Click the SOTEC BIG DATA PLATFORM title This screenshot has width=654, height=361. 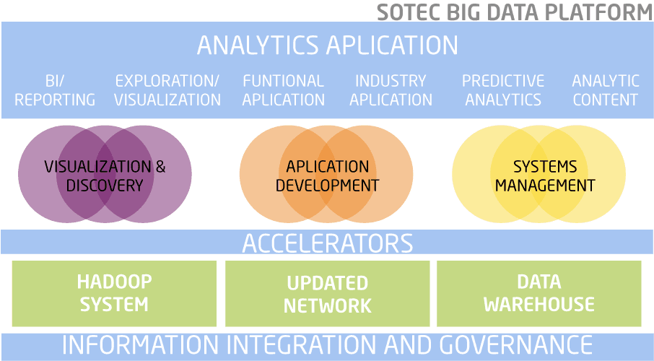(x=515, y=12)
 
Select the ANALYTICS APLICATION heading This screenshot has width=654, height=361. (x=328, y=45)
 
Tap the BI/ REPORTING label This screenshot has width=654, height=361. (x=55, y=90)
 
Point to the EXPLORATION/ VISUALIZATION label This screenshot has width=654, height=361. (x=167, y=90)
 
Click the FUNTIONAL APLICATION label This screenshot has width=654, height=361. (x=283, y=90)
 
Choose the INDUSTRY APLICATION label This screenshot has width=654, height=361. (x=391, y=90)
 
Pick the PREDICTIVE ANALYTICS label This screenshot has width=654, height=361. (x=503, y=90)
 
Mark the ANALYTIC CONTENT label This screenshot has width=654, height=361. (x=606, y=90)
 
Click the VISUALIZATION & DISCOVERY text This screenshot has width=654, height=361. (x=105, y=175)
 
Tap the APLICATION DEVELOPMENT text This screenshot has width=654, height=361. (x=328, y=175)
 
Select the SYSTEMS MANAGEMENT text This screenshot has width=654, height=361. (x=545, y=175)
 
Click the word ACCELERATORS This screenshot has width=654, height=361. (x=328, y=243)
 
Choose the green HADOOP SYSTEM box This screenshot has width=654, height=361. (x=114, y=293)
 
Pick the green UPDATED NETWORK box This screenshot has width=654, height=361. (x=328, y=293)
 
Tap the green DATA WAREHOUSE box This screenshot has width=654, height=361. (x=539, y=293)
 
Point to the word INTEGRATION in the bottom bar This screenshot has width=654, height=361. (x=302, y=345)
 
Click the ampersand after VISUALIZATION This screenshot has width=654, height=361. (x=160, y=167)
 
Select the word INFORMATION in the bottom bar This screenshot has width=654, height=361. (x=141, y=345)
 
